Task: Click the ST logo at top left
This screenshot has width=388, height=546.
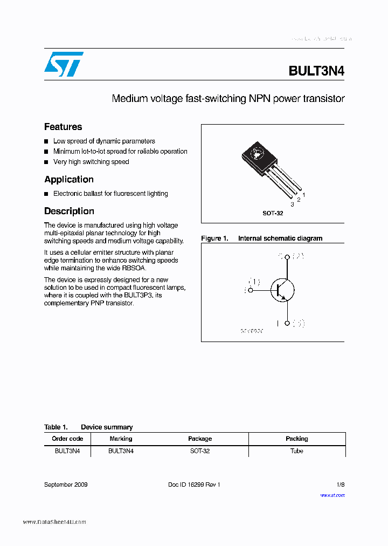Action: [64, 64]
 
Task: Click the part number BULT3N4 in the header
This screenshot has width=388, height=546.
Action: [316, 71]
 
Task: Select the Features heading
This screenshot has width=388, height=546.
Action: [63, 127]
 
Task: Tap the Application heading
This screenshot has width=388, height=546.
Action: [69, 180]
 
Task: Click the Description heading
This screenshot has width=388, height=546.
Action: [69, 211]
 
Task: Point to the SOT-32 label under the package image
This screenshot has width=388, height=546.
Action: [273, 213]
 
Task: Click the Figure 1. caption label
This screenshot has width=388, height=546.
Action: [215, 238]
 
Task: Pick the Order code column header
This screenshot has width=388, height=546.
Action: [67, 439]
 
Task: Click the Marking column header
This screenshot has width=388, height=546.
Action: [121, 439]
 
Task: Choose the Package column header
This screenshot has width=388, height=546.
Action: [200, 439]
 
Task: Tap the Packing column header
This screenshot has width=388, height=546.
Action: [297, 439]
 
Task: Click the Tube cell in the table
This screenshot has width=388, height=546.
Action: [297, 451]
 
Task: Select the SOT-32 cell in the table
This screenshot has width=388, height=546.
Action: [200, 451]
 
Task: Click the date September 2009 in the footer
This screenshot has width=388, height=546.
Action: [66, 484]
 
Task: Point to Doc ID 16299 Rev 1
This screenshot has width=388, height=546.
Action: [194, 484]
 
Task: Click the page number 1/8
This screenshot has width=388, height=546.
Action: [341, 484]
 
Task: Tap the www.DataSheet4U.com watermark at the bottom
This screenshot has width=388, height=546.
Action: [54, 522]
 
